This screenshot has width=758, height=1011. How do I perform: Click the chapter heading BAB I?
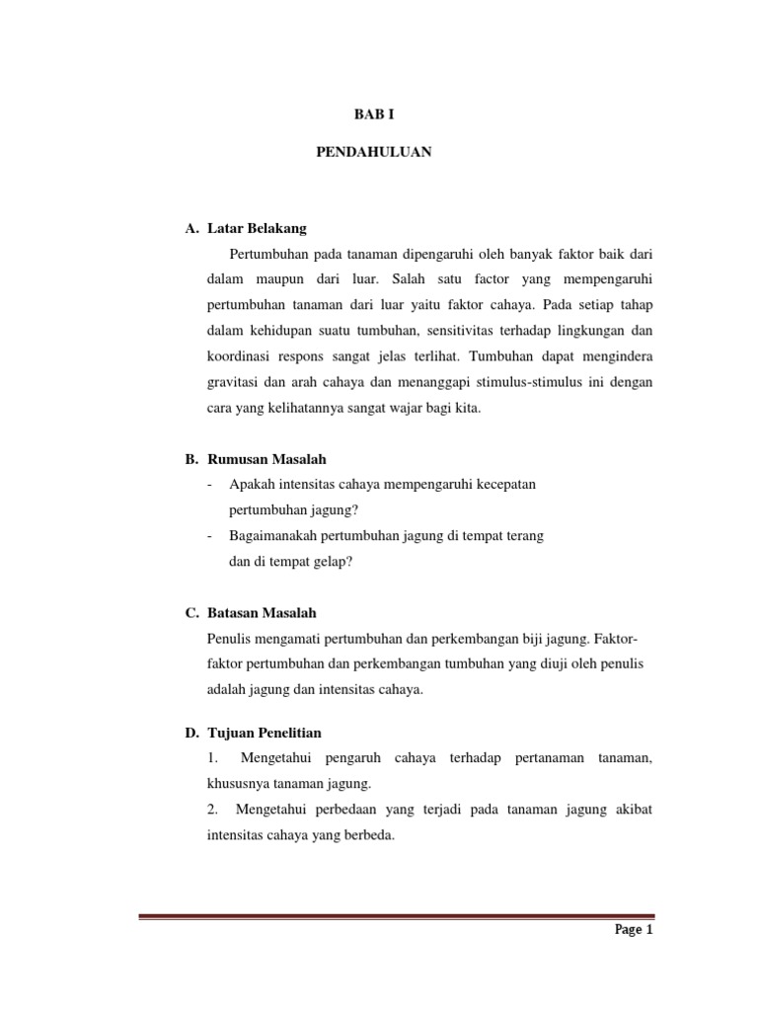pos(373,116)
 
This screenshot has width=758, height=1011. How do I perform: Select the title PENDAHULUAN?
pos(373,154)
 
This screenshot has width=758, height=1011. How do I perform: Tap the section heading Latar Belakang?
pos(258,228)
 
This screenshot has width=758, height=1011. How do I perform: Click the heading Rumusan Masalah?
pos(266,459)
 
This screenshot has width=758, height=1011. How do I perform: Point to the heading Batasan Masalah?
pos(263,613)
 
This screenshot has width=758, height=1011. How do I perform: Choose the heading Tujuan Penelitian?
pos(265,733)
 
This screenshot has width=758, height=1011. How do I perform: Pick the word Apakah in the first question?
pos(251,485)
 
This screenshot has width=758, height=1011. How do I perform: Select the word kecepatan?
pos(507,485)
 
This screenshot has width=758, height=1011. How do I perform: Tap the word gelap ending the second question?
pos(331,562)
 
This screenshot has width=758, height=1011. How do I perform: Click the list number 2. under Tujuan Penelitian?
pos(213,810)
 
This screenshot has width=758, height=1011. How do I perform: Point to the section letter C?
pos(191,613)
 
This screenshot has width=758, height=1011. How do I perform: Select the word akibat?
pos(632,810)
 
